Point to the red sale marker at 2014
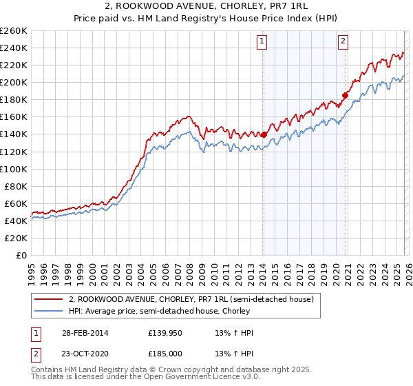click(264, 134)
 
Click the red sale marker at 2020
click(345, 95)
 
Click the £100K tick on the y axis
click(14, 169)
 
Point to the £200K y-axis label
click(14, 82)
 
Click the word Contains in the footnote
click(49, 371)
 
